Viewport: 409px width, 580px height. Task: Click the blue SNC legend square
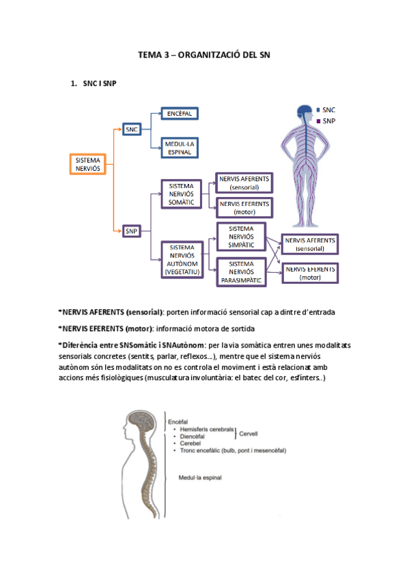tap(318, 110)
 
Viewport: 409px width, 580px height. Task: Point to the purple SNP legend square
tap(318, 121)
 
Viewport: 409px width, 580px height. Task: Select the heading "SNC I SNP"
tap(100, 83)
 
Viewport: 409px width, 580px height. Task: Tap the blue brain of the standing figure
tap(305, 110)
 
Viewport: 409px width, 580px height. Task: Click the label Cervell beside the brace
tap(249, 434)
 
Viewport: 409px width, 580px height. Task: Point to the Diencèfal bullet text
tap(192, 436)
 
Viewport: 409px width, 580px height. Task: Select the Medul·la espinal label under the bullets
tap(200, 477)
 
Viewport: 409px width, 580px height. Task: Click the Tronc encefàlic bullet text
tap(233, 451)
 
